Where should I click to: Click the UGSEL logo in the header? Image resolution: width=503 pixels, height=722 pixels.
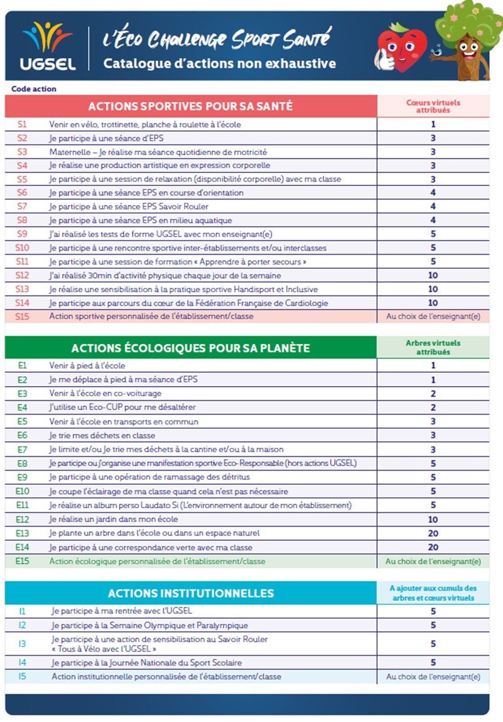pos(47,47)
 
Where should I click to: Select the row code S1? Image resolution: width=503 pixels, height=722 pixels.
pos(22,124)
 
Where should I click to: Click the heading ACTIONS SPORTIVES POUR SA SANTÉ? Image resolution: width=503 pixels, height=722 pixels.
pos(190,106)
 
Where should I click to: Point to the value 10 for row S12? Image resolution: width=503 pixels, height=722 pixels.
pos(432,275)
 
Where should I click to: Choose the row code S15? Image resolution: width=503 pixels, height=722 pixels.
pos(22,316)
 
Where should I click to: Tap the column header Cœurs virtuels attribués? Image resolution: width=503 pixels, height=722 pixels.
pos(433,106)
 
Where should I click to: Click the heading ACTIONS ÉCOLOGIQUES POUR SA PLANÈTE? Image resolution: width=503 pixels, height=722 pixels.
pos(190,348)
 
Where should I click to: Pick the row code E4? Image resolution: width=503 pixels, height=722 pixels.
pos(22,407)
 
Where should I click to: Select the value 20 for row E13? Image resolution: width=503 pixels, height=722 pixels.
pos(432,533)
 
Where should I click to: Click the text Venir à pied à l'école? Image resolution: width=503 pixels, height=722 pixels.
pos(87,366)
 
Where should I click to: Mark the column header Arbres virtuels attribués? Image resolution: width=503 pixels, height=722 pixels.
pos(433,347)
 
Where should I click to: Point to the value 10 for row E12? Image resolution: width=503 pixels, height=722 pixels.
pos(432,519)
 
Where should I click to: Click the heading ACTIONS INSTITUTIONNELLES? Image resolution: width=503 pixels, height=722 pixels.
pos(191,593)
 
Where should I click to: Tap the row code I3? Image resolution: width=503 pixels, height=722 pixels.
pos(22,644)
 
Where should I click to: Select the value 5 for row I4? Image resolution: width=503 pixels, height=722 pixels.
pos(432,662)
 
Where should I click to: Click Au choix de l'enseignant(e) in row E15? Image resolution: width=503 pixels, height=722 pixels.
pos(433,561)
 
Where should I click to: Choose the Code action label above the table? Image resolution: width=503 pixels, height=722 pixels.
pos(34,89)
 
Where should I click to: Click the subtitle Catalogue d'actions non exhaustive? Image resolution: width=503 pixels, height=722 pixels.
pos(220,63)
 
